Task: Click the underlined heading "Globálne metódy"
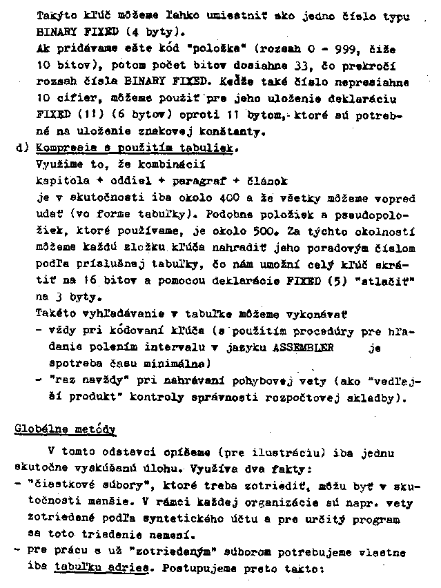tap(65, 429)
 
